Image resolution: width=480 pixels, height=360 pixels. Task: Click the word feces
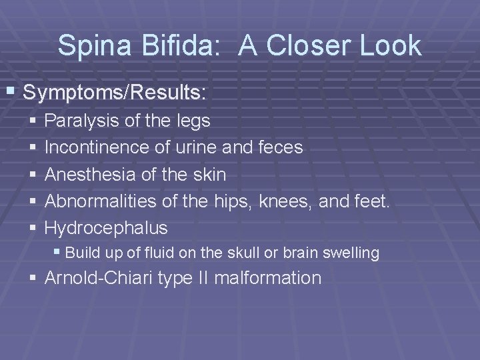pyautogui.click(x=280, y=147)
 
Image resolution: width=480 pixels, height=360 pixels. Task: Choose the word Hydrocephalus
pyautogui.click(x=106, y=228)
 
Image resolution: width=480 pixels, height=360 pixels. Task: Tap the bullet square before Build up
pyautogui.click(x=59, y=253)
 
